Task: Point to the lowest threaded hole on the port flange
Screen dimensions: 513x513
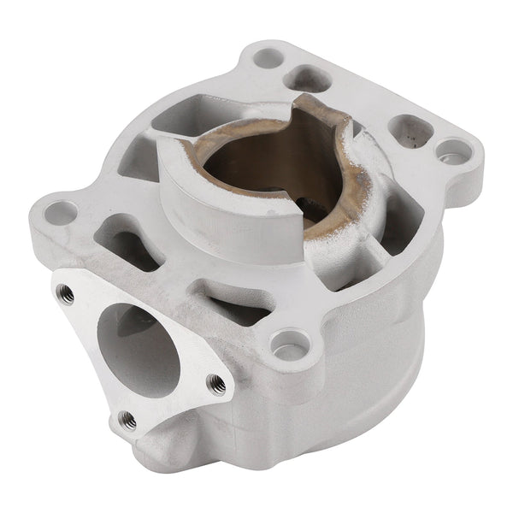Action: (127, 419)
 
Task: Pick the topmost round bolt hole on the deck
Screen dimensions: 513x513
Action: (268, 58)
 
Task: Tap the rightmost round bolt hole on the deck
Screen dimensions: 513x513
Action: (453, 152)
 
